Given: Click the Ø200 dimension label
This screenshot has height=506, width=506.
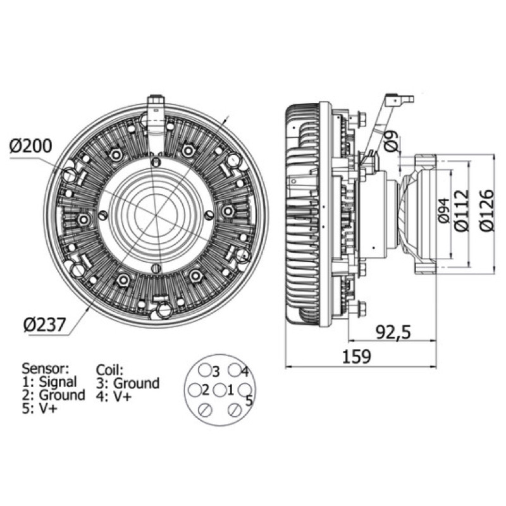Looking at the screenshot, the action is (x=30, y=146).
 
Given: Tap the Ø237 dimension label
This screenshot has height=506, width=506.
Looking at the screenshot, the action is (x=44, y=324).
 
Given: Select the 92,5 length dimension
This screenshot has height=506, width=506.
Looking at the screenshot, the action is (x=393, y=332).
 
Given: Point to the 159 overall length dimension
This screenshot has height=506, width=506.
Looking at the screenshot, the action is (x=357, y=357).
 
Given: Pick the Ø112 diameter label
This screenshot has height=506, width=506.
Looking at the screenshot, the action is (x=461, y=211).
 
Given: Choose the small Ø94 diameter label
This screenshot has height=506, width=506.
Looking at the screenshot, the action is (x=444, y=211).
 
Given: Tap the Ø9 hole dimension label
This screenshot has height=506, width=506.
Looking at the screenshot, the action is (x=391, y=140).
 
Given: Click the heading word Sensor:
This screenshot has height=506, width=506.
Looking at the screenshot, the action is (x=45, y=368).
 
